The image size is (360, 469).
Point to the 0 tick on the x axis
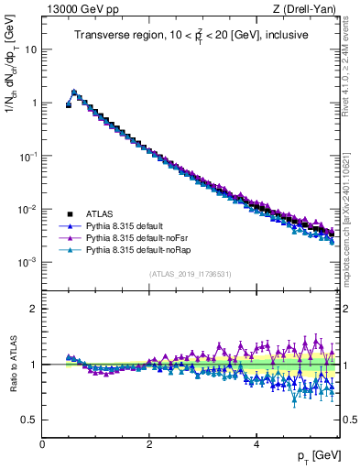click(42, 442)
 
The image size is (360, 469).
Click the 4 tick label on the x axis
click(256, 442)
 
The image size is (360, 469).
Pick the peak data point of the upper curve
click(74, 92)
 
